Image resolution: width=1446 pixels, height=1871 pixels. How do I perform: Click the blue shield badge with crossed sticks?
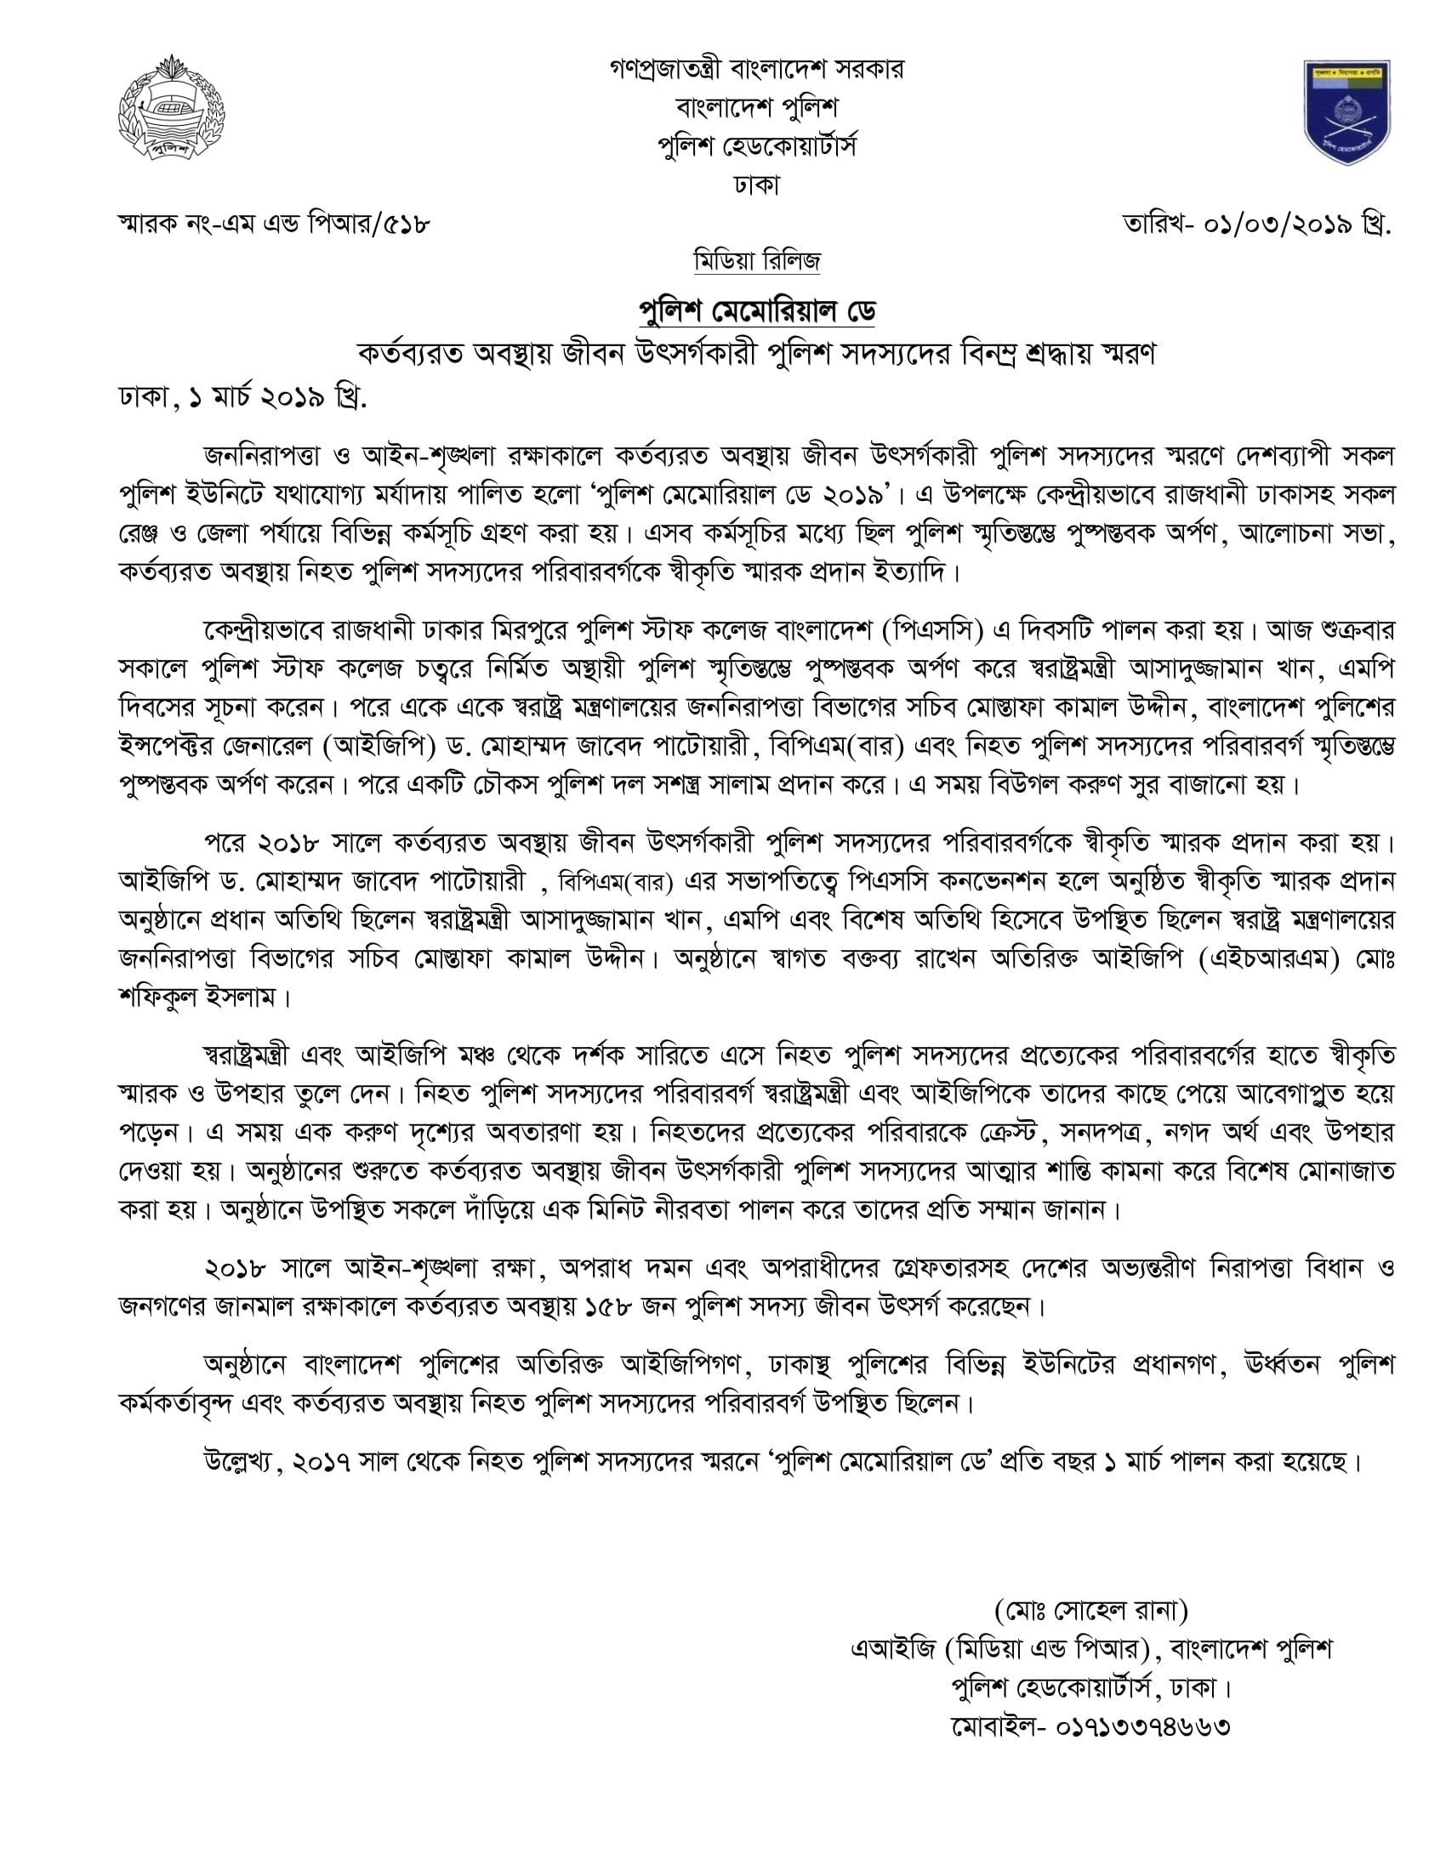(1346, 111)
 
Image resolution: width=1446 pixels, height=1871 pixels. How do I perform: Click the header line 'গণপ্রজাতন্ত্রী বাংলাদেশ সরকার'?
(756, 69)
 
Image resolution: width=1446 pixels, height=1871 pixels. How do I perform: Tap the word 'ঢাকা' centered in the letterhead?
(756, 185)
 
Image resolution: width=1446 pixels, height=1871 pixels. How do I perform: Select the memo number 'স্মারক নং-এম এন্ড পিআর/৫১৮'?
(273, 225)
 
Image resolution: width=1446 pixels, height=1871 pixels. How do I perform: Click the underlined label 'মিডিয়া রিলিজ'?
(756, 260)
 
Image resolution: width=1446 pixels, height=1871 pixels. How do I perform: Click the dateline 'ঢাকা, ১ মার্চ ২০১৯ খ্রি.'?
(242, 397)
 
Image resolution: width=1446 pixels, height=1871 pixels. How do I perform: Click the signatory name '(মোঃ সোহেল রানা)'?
(1091, 1611)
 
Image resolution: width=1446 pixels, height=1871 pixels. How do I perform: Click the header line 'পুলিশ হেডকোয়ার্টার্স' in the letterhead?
(756, 146)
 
